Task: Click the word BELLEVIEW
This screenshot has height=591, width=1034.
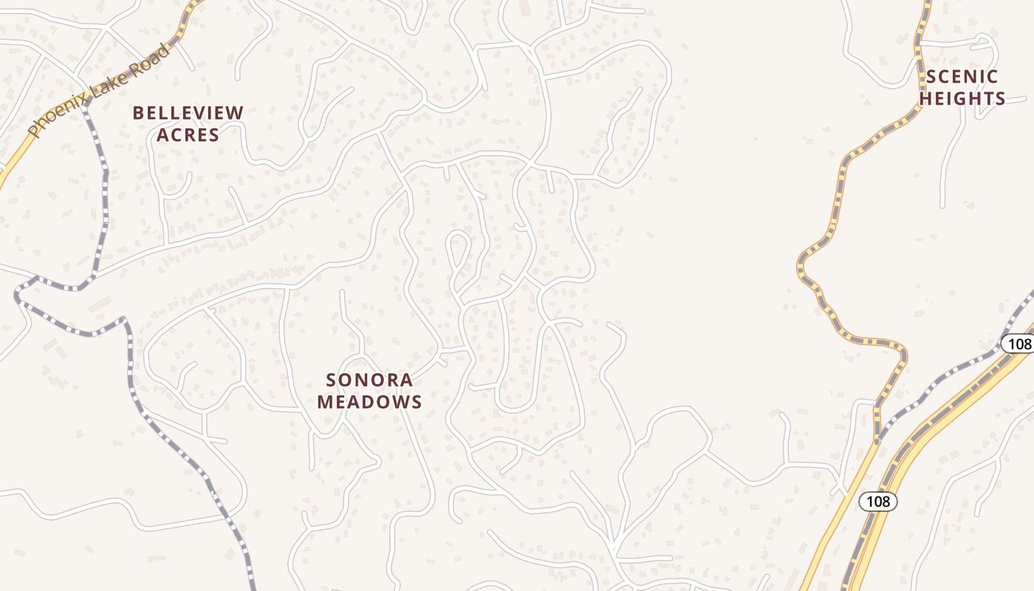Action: (188, 113)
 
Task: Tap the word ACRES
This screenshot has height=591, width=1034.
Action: (188, 135)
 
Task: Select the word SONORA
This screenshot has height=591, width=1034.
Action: (370, 380)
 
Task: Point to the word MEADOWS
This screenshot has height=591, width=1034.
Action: (370, 403)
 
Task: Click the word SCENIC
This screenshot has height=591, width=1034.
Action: (962, 77)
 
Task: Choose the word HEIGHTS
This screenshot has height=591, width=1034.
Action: (962, 99)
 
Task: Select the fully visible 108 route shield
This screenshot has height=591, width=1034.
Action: (878, 502)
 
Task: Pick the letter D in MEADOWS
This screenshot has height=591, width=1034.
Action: (369, 403)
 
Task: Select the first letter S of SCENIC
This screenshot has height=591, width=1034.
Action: (931, 77)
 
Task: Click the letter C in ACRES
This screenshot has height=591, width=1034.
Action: (179, 135)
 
